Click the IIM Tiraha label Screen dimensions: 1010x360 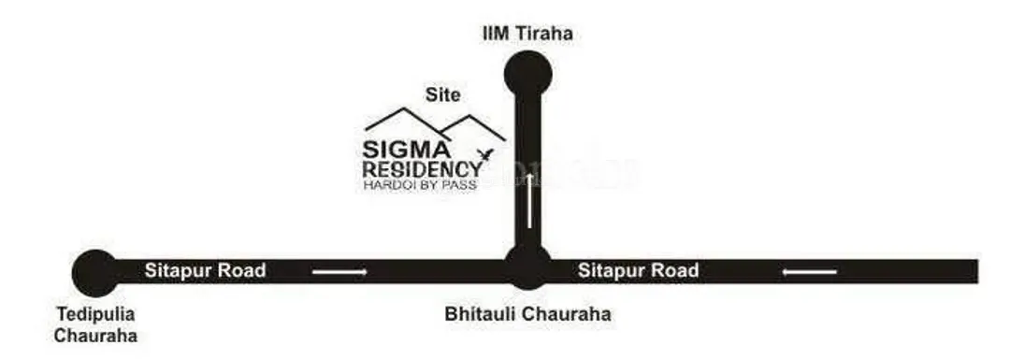(x=527, y=34)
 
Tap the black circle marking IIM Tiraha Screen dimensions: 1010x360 (x=527, y=73)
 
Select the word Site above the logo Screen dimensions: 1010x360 (x=443, y=94)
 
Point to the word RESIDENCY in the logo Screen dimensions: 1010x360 (x=422, y=168)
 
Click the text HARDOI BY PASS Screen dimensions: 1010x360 (x=419, y=185)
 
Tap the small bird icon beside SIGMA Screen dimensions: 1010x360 (x=484, y=152)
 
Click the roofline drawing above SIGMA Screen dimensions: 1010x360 (x=435, y=121)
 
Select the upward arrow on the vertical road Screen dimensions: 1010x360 (x=529, y=201)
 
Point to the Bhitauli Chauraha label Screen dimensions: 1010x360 (x=527, y=314)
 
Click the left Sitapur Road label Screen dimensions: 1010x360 (x=206, y=271)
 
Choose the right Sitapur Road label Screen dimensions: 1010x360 (x=638, y=271)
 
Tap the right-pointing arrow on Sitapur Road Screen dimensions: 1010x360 (x=339, y=272)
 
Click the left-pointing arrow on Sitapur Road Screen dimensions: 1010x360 (x=810, y=272)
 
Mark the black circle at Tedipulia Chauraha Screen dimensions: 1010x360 (x=96, y=273)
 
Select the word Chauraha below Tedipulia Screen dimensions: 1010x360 (x=95, y=336)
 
